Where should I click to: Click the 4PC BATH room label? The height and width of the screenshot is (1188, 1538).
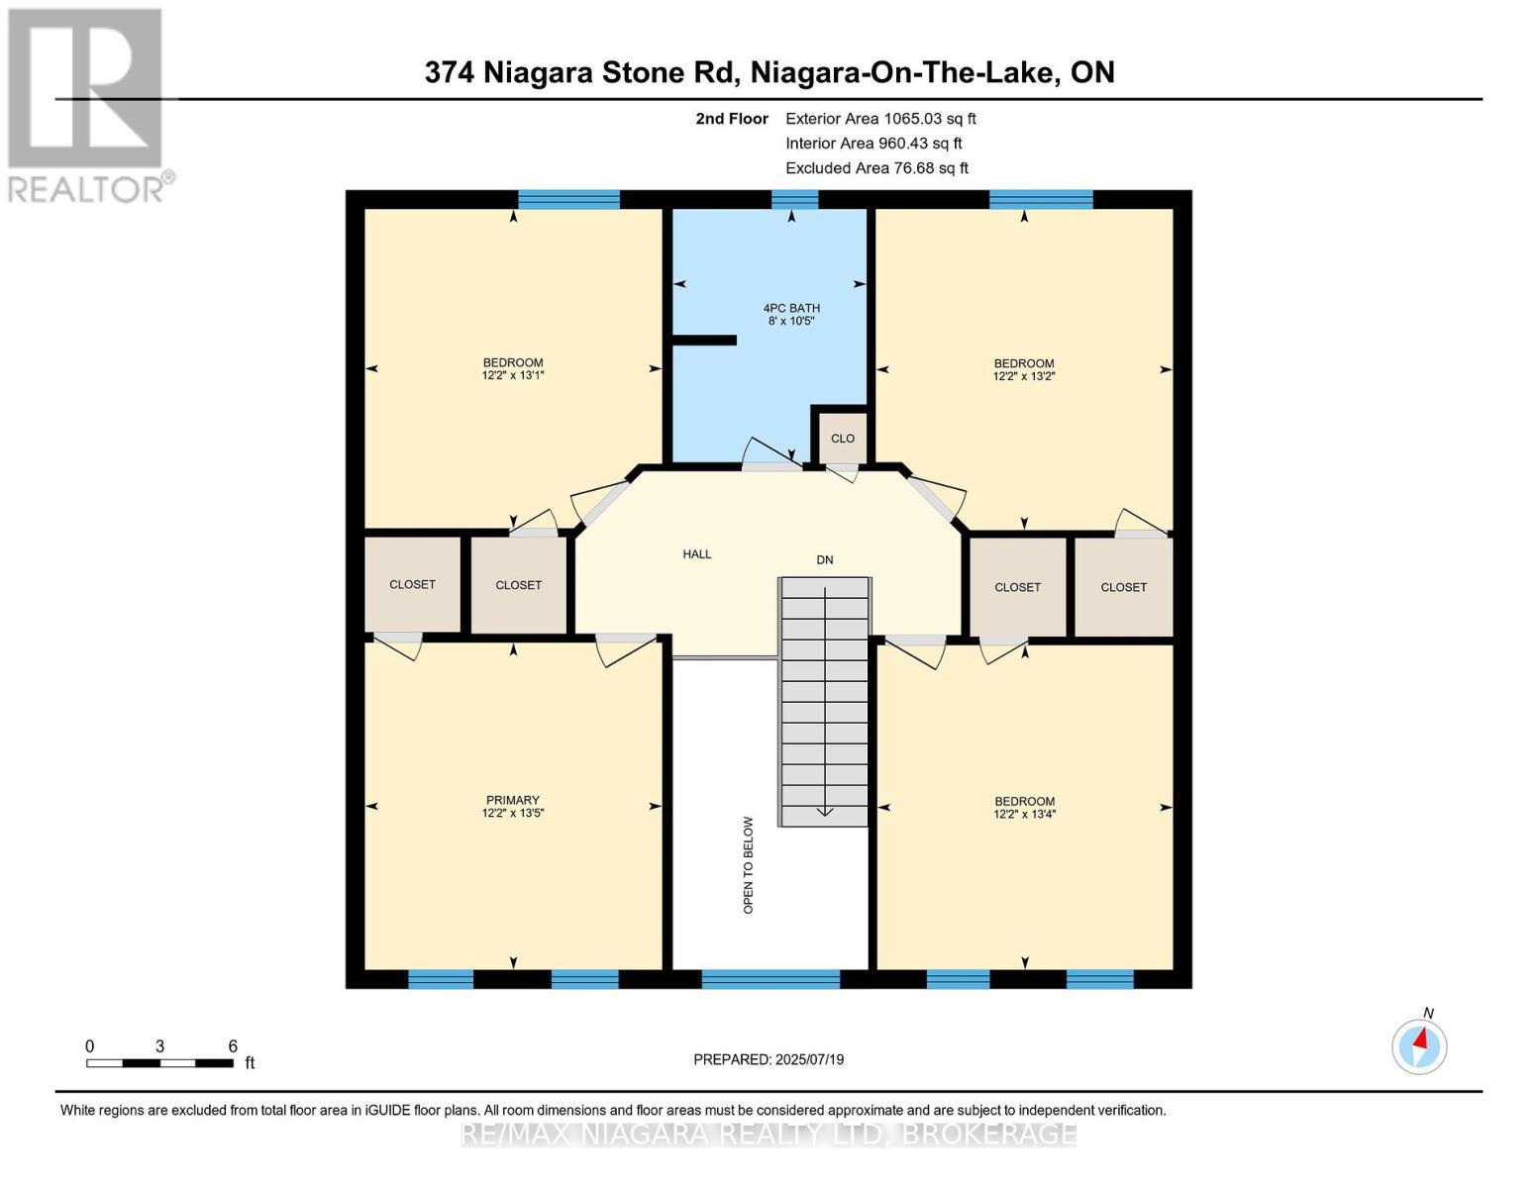790,308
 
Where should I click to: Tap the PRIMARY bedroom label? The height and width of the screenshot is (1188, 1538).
512,800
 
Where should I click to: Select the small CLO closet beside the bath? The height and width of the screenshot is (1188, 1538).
842,439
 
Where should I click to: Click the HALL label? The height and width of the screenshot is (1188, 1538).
696,554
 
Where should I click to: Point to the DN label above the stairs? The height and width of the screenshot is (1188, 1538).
824,560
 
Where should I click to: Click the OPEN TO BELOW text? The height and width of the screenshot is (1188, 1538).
748,864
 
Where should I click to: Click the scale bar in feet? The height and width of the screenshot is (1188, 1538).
159,1063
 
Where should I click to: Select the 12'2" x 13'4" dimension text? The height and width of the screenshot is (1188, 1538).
1024,815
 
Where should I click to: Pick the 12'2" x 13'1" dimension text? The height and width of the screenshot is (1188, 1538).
512,375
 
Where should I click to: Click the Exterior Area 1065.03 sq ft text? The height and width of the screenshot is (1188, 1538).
880,119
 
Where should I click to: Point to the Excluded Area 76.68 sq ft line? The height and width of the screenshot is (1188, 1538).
876,168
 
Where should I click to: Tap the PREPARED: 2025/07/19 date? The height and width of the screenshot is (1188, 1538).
769,1059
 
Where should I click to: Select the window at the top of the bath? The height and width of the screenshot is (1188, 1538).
794,200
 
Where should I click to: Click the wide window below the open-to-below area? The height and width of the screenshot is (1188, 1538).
770,979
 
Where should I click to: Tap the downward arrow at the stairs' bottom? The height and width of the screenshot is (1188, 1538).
824,812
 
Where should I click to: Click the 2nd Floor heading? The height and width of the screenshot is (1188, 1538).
732,119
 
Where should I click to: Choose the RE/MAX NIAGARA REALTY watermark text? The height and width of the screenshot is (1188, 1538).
769,1134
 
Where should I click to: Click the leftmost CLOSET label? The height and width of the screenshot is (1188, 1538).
412,585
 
